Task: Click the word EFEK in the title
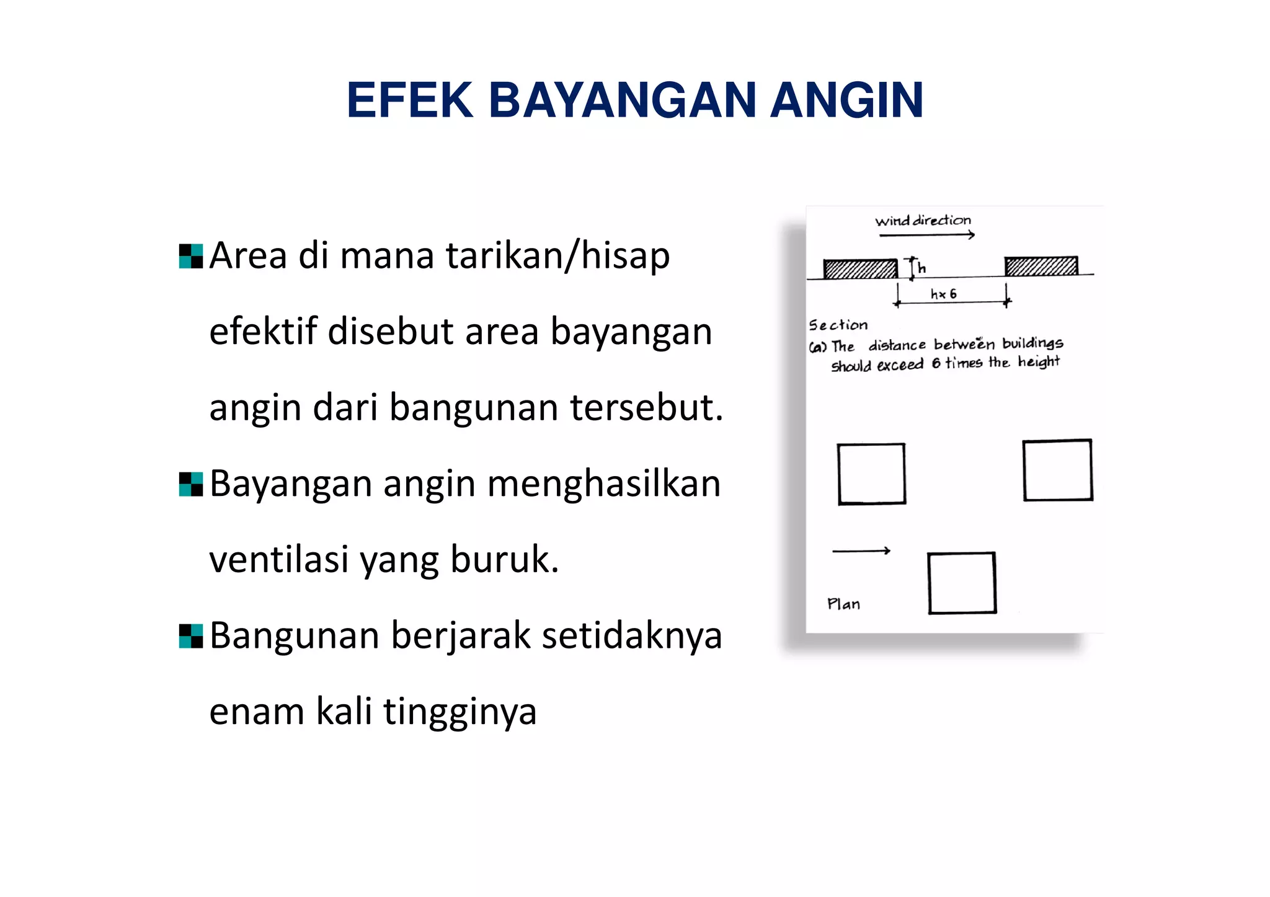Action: [x=410, y=100]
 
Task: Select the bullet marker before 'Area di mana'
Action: [x=190, y=256]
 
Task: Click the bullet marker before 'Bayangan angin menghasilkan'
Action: [x=190, y=484]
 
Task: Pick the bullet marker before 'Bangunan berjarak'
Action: [x=190, y=636]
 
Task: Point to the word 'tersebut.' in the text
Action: [x=646, y=408]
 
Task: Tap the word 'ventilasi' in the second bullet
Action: [x=278, y=560]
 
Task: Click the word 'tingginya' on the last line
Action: [x=460, y=712]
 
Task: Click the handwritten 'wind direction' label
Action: [x=923, y=221]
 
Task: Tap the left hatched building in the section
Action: [x=860, y=268]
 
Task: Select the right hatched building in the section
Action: [x=1041, y=266]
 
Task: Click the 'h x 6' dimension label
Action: [x=943, y=294]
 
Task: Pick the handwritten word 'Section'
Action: [x=838, y=325]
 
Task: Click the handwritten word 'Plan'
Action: [x=843, y=604]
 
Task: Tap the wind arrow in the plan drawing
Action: [x=861, y=550]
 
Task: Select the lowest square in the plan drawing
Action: [x=962, y=583]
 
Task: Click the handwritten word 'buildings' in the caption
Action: [x=1032, y=343]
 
